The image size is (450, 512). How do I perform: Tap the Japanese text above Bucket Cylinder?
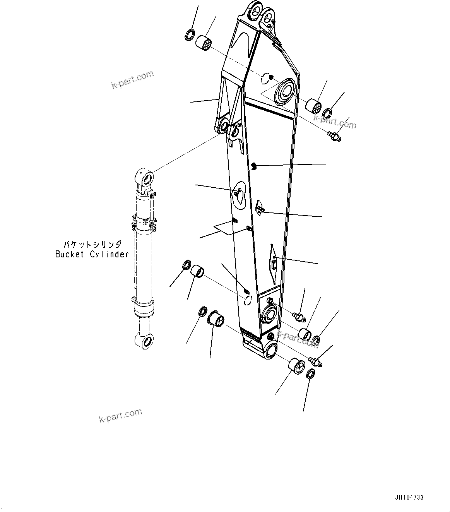pos(92,245)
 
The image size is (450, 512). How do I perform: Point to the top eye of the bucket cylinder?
pos(147,178)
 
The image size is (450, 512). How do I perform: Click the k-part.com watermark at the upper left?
pos(133,79)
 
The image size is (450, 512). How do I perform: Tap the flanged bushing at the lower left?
pos(216,320)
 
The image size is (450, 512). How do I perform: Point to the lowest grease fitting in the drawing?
pos(316,362)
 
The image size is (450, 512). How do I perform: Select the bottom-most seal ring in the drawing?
pos(310,374)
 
